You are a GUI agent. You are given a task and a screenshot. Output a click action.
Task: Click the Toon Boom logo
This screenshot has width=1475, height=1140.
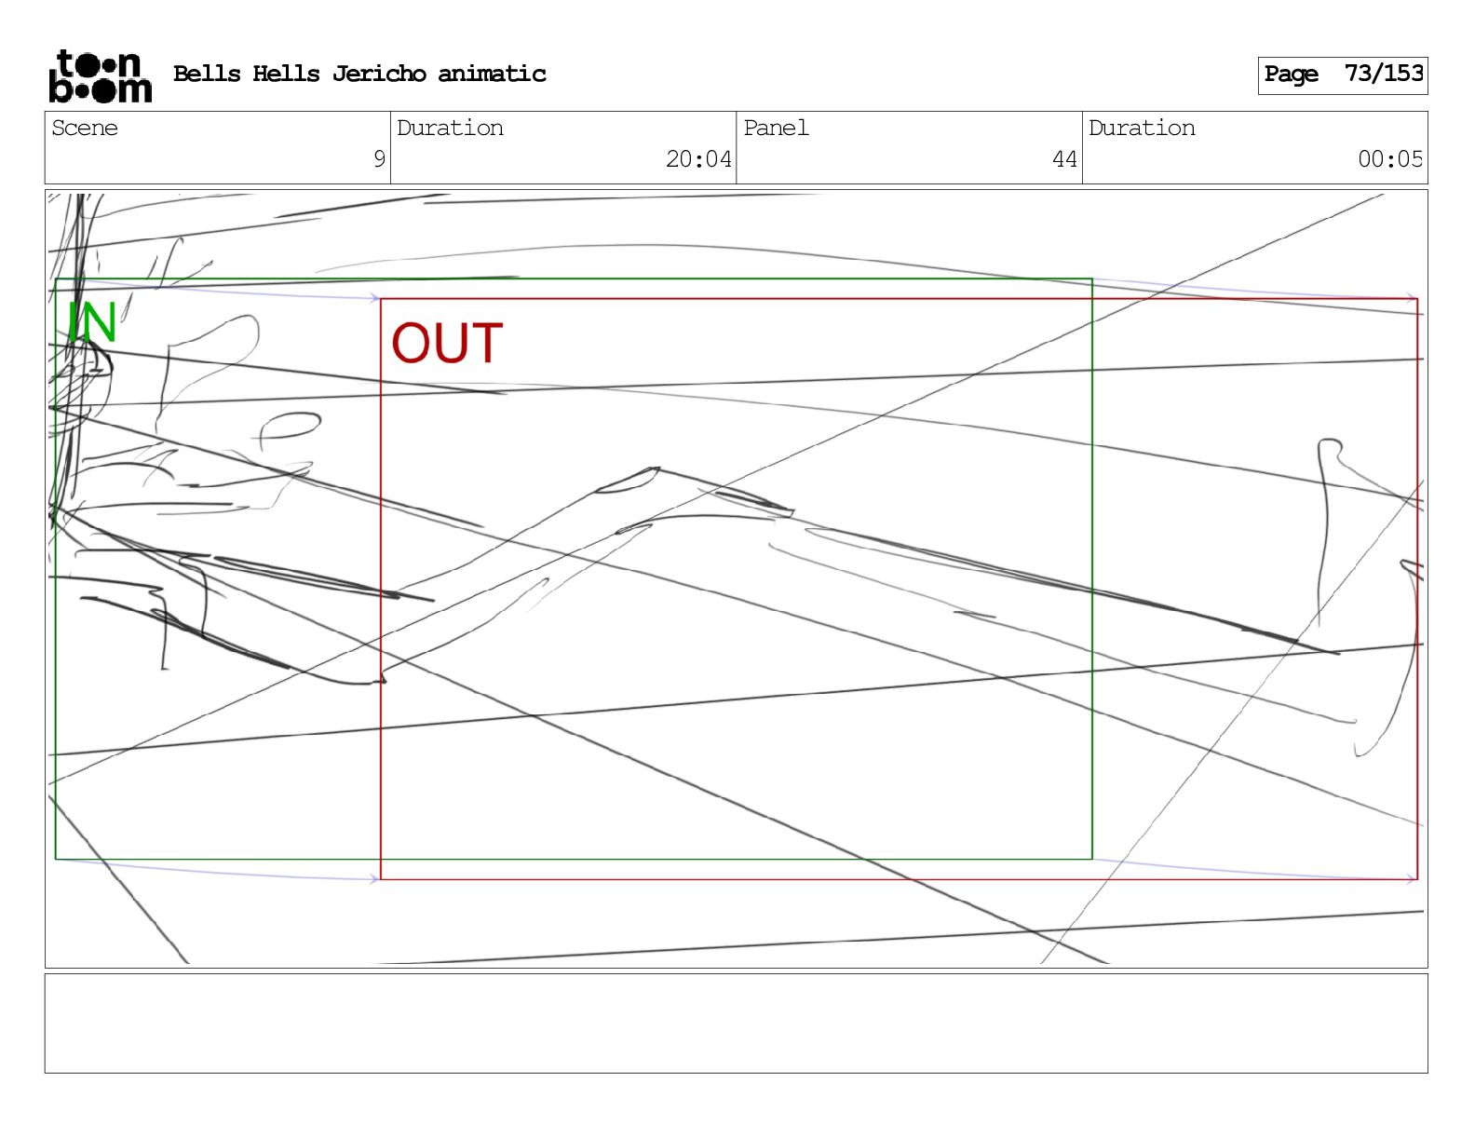pyautogui.click(x=100, y=75)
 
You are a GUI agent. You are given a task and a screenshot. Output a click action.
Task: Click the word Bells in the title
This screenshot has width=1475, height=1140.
pyautogui.click(x=207, y=74)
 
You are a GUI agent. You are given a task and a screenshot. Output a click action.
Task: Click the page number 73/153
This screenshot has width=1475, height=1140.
pyautogui.click(x=1384, y=74)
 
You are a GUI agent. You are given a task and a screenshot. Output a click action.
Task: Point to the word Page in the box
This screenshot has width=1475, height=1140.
pyautogui.click(x=1291, y=75)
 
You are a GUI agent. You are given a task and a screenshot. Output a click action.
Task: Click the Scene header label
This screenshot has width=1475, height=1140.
pyautogui.click(x=85, y=129)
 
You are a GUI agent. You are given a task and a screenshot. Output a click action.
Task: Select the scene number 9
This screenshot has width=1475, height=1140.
pyautogui.click(x=379, y=159)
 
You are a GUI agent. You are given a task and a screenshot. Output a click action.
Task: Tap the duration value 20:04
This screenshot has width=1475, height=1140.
pyautogui.click(x=698, y=159)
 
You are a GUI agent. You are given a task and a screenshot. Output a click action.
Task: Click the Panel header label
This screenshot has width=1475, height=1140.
pyautogui.click(x=776, y=129)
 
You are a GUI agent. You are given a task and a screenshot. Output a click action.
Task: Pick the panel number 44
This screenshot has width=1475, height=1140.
pyautogui.click(x=1064, y=159)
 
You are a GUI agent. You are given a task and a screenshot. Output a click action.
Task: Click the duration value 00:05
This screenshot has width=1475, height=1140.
pyautogui.click(x=1390, y=159)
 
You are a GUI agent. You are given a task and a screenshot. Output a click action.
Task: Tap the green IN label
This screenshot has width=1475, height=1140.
pyautogui.click(x=91, y=322)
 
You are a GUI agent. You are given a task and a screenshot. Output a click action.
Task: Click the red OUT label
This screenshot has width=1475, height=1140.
pyautogui.click(x=447, y=343)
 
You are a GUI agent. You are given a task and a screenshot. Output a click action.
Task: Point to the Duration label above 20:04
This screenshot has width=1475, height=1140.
pyautogui.click(x=450, y=129)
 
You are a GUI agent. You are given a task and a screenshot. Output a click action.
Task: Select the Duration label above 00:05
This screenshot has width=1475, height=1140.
pyautogui.click(x=1142, y=129)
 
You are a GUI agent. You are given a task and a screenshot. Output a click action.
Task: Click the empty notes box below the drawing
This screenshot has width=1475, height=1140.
pyautogui.click(x=736, y=1023)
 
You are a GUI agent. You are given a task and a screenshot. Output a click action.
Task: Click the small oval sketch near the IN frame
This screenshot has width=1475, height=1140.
pyautogui.click(x=290, y=427)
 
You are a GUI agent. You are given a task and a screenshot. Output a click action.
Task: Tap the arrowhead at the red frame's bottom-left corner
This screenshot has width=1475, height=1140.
pyautogui.click(x=374, y=878)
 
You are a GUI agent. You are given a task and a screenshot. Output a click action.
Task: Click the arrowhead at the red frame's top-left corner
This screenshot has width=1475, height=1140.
pyautogui.click(x=374, y=298)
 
